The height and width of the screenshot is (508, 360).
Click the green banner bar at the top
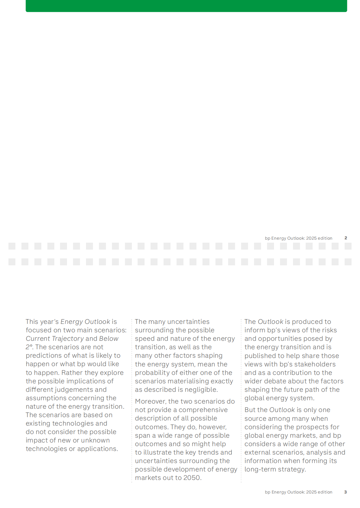186,6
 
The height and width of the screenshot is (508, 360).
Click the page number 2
346,238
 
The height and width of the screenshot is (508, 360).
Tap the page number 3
346,492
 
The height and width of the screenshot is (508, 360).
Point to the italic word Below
109,339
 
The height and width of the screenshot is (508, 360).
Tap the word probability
153,373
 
